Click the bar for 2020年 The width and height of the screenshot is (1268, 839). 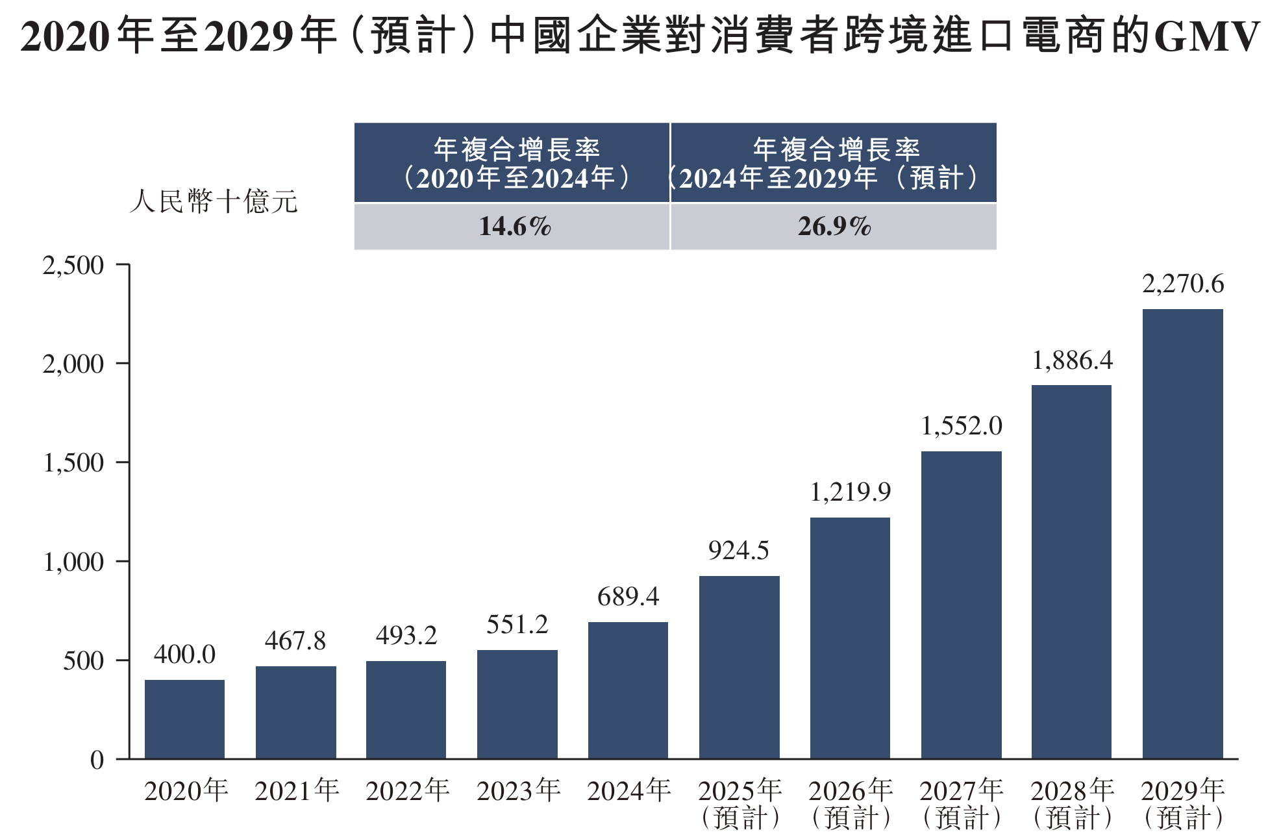click(x=184, y=719)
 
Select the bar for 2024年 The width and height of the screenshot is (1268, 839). click(x=628, y=690)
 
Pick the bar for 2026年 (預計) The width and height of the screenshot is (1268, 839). click(x=850, y=638)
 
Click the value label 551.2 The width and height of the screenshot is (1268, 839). click(x=517, y=625)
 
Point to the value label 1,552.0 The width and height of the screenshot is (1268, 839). click(x=962, y=426)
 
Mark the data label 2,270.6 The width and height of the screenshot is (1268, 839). click(x=1183, y=284)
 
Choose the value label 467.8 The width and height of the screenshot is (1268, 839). click(x=295, y=641)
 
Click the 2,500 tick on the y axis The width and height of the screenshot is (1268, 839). click(x=73, y=266)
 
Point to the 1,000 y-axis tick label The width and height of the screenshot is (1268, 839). click(x=73, y=562)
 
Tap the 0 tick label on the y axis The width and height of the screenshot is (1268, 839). click(x=97, y=759)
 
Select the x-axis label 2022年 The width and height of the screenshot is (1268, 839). click(x=407, y=791)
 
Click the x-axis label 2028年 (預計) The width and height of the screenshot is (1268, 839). click(x=1072, y=804)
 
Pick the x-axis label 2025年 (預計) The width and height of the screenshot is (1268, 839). click(x=740, y=804)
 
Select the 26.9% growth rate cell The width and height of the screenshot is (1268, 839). click(x=834, y=227)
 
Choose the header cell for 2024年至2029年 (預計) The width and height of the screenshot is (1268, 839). click(x=834, y=163)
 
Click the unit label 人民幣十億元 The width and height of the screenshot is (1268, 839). click(x=214, y=201)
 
